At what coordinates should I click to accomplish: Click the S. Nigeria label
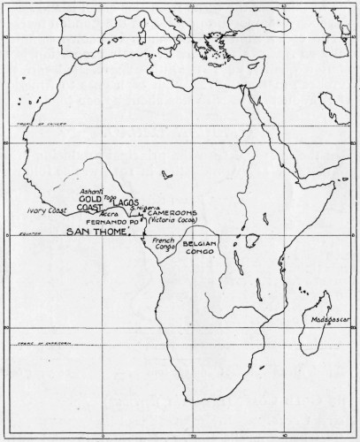point(144,208)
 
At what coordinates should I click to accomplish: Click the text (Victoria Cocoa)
point(174,221)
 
